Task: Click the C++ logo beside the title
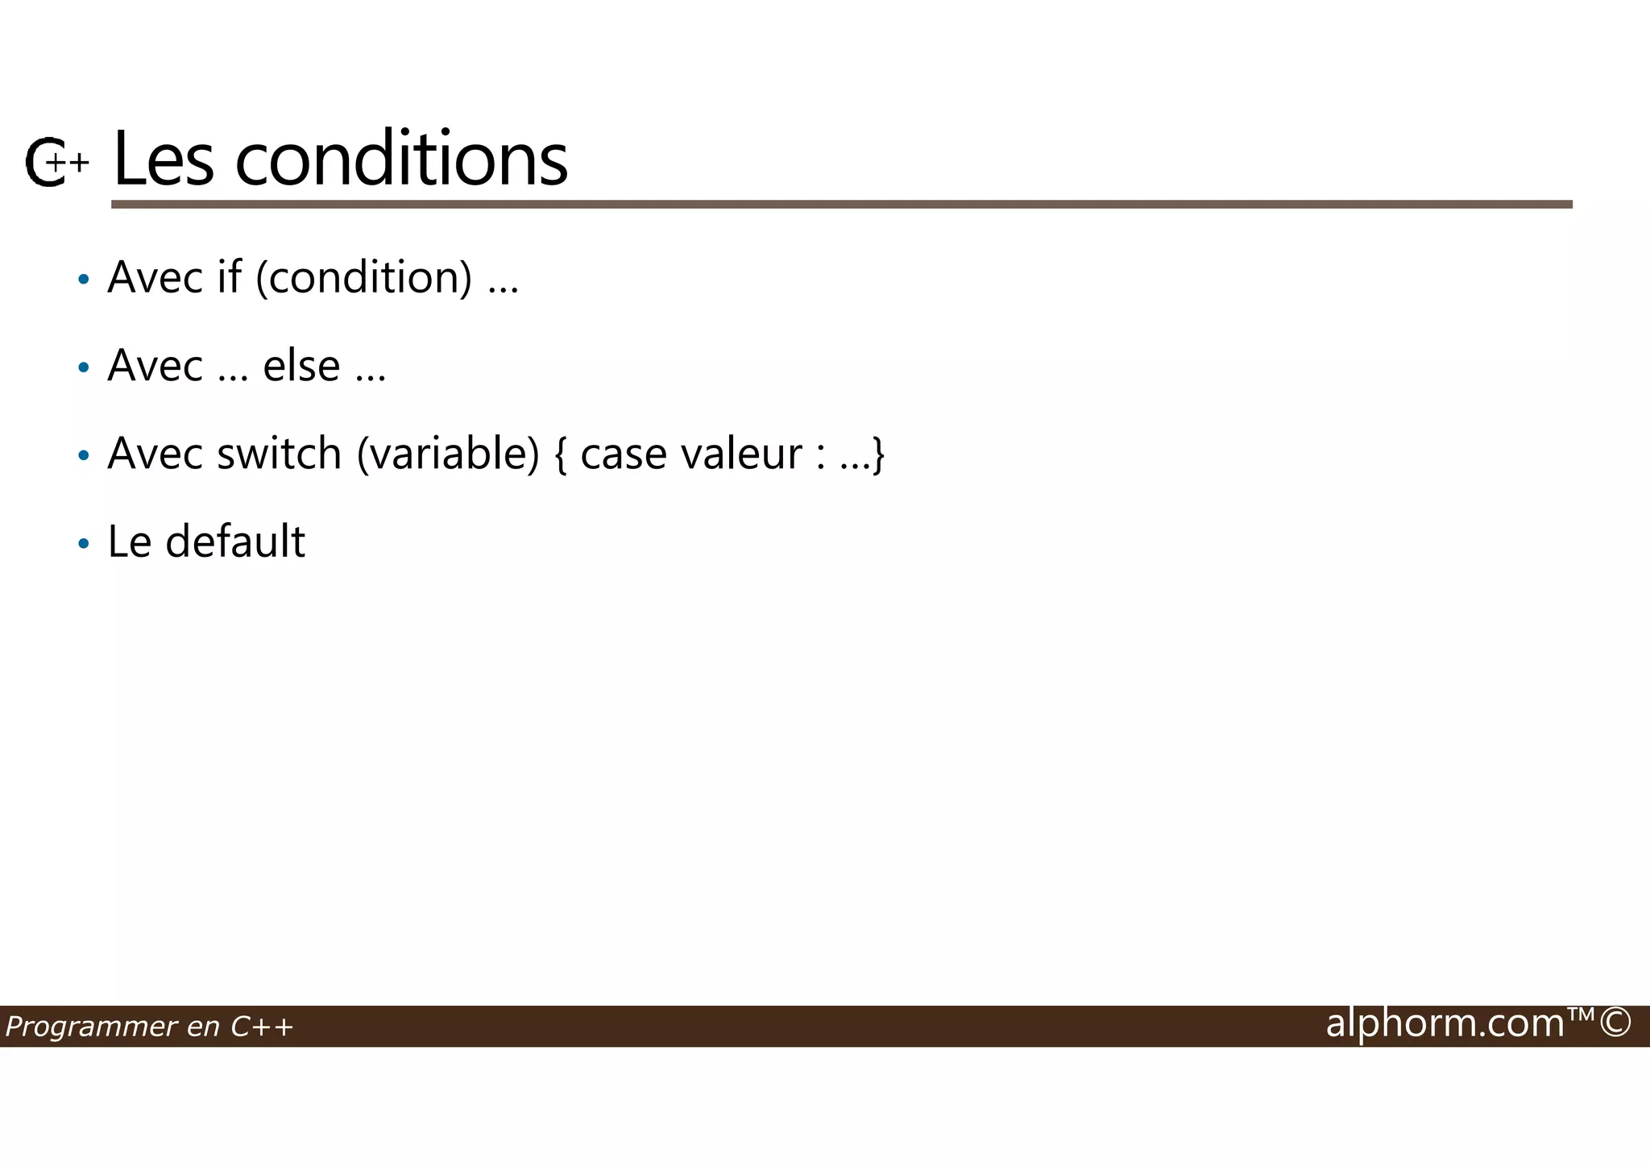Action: (55, 162)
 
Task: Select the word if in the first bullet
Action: (229, 277)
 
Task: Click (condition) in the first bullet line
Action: (364, 278)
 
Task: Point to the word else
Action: (301, 366)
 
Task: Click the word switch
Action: (280, 453)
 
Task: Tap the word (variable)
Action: (448, 454)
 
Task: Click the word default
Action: (235, 542)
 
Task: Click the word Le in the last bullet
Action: (129, 542)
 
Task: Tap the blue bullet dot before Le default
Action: (84, 544)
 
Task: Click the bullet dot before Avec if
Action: (84, 280)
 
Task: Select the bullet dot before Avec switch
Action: (84, 456)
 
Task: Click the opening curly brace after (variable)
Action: (560, 454)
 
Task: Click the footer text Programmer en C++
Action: (149, 1027)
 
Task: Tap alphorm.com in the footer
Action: (1445, 1023)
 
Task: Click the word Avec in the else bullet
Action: (155, 366)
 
